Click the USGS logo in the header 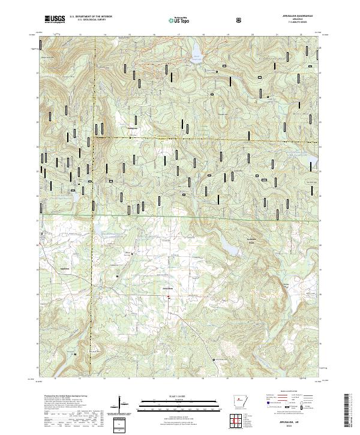[x=54, y=19]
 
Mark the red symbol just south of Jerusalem [x=170, y=296]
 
